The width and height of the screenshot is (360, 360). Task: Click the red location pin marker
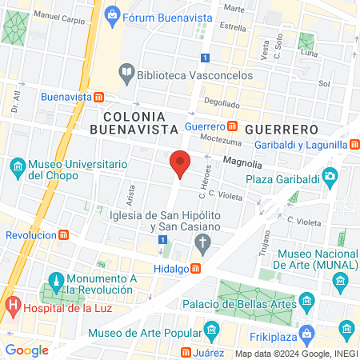pos(180,162)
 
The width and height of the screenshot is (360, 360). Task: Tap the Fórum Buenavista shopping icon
pos(112,14)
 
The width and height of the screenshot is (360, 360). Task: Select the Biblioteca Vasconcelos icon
pos(126,74)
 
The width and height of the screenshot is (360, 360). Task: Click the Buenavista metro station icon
pos(98,96)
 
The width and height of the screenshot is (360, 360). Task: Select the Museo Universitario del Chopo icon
pos(16,167)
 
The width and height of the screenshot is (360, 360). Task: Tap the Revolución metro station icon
pos(63,235)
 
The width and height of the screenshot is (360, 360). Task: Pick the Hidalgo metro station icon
pos(194,270)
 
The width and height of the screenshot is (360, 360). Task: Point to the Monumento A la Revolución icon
pos(56,281)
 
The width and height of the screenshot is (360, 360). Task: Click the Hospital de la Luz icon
pos(12,305)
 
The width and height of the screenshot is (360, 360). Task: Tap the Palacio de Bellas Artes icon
pos(307,302)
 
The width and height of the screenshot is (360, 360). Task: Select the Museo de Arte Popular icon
pos(211,329)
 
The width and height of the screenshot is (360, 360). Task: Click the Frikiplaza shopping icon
pos(346,328)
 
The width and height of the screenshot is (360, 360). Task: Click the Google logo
pos(27,350)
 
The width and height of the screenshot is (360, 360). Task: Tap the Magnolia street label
pos(242,160)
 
